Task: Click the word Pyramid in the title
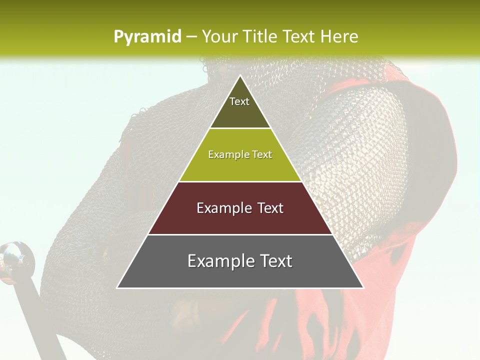(147, 36)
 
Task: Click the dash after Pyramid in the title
(191, 37)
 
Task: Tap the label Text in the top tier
(239, 101)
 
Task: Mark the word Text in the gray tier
(272, 261)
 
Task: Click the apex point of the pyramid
(240, 76)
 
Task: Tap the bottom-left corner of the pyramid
(118, 287)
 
